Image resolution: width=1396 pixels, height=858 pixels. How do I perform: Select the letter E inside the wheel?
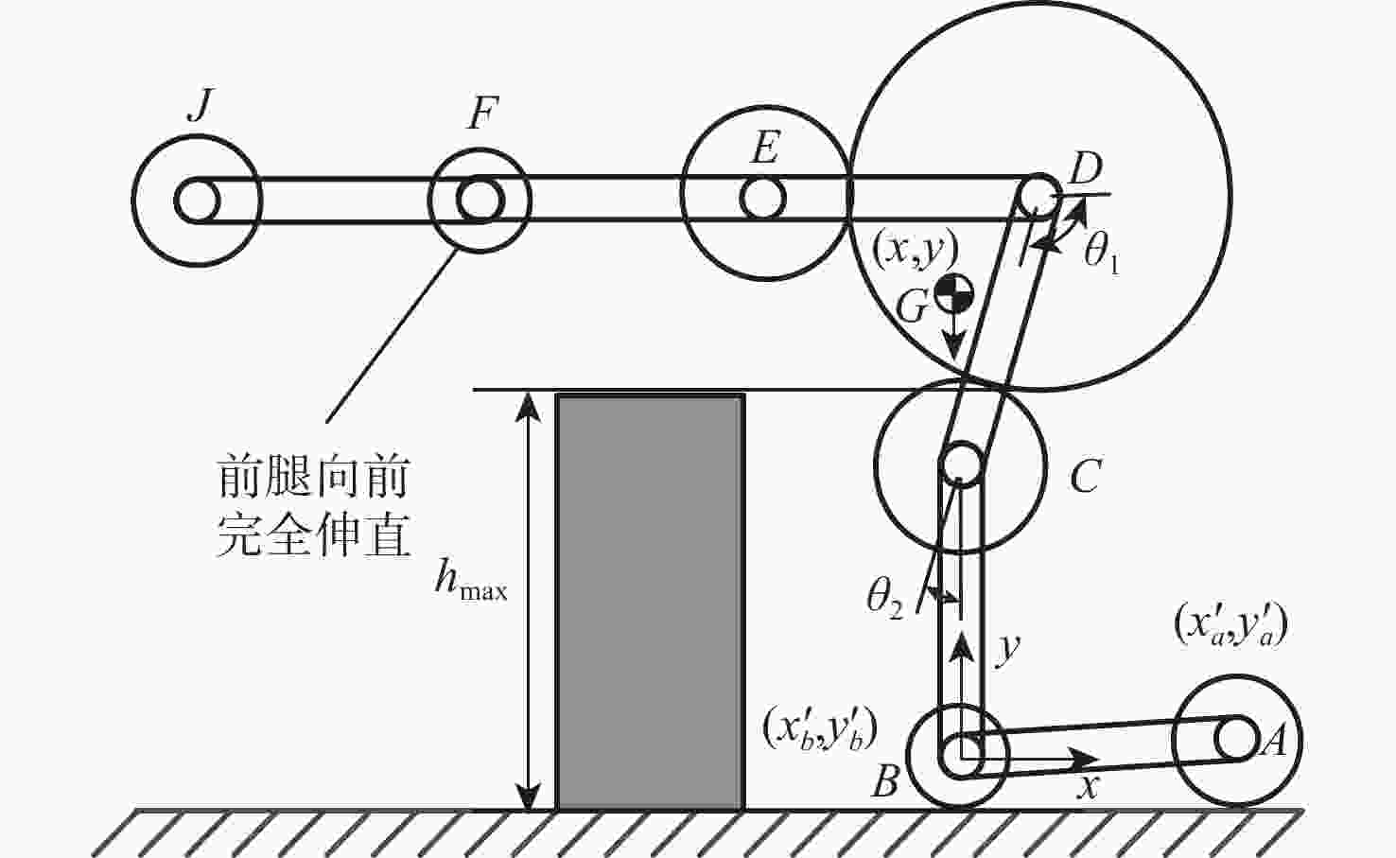pyautogui.click(x=765, y=149)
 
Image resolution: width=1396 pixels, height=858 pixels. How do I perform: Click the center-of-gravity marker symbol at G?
pyautogui.click(x=953, y=292)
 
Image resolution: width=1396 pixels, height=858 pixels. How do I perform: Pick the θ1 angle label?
pyautogui.click(x=1101, y=254)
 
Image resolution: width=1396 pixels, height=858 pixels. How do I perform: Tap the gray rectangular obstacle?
pyautogui.click(x=651, y=602)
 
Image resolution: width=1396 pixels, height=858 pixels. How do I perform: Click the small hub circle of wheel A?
pyautogui.click(x=1236, y=739)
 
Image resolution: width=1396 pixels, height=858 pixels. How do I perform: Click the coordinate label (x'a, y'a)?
pyautogui.click(x=1230, y=624)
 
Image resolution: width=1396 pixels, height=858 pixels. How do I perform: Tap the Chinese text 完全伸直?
pyautogui.click(x=313, y=534)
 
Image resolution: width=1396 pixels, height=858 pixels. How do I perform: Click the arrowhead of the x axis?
pyautogui.click(x=1085, y=759)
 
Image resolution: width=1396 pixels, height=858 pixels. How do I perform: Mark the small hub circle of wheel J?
pyautogui.click(x=197, y=201)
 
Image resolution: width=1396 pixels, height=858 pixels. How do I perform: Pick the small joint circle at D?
pyautogui.click(x=1038, y=194)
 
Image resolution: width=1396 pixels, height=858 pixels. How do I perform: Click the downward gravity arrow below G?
pyautogui.click(x=953, y=336)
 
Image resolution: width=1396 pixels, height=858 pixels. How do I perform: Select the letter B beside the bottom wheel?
pyautogui.click(x=885, y=780)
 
